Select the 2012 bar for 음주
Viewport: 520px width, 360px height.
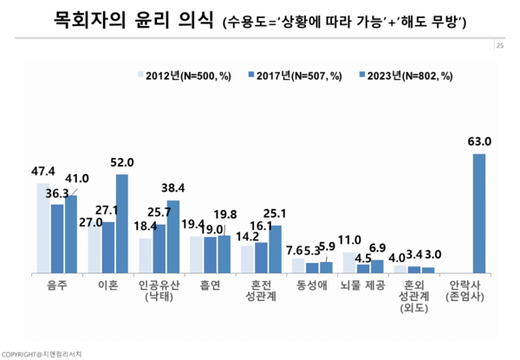coord(43,227)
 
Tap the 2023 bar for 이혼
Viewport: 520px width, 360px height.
coord(121,223)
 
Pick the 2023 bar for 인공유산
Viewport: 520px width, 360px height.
coord(172,236)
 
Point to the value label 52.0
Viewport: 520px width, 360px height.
coord(121,162)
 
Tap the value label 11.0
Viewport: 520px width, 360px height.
coord(348,240)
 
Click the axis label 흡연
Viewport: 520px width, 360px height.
coord(211,284)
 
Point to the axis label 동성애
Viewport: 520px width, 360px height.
coord(312,284)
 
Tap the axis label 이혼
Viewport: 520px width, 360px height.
coord(108,284)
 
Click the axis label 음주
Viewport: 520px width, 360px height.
coord(57,284)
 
